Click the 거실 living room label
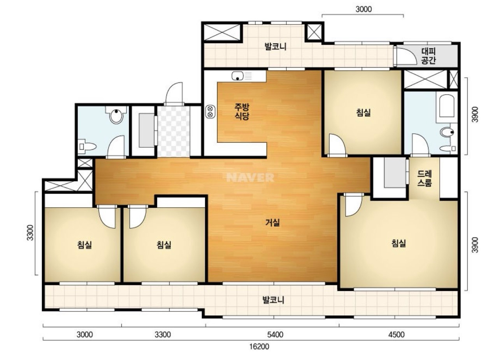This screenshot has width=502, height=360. tap(272, 222)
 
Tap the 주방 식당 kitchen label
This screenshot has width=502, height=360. tap(242, 112)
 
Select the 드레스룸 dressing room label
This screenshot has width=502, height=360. tap(425, 178)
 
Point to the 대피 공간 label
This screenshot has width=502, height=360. tap(428, 56)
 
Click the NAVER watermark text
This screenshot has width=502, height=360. tap(250, 178)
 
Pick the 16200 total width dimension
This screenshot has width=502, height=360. tap(259, 347)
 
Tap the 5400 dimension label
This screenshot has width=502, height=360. tap(275, 335)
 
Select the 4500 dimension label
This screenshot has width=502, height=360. tap(397, 335)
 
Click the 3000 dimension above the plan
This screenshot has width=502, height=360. tap(363, 9)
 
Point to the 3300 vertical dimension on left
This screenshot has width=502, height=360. tap(30, 233)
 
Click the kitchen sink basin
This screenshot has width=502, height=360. tap(237, 76)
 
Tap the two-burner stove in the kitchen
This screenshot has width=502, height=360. tap(210, 112)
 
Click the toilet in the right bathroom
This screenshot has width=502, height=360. tap(447, 132)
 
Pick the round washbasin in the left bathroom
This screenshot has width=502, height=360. tap(116, 115)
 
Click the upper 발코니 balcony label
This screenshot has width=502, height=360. tap(276, 47)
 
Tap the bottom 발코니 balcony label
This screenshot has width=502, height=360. tap(273, 300)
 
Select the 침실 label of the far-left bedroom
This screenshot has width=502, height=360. tap(84, 245)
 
